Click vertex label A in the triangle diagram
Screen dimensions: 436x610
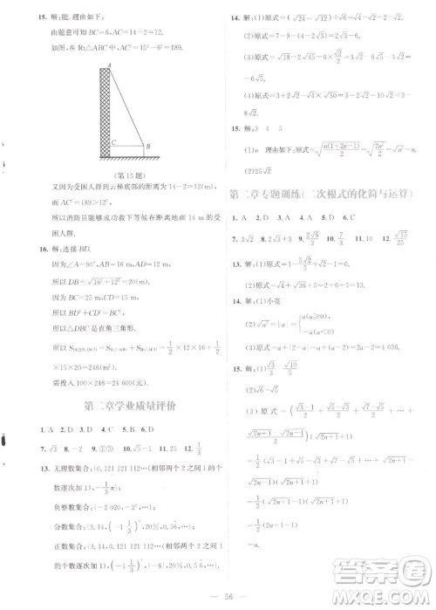tap(108, 67)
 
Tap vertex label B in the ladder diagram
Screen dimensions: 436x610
tap(147, 147)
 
